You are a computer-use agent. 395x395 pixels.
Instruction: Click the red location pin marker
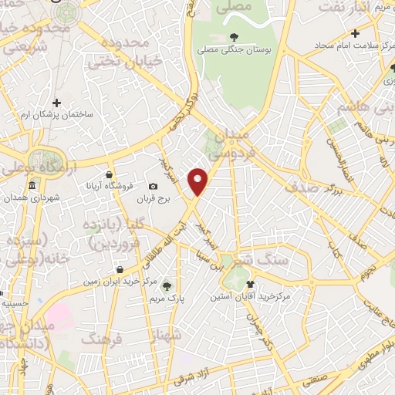[199, 181]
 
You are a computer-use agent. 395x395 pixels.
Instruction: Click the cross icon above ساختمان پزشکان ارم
[56, 102]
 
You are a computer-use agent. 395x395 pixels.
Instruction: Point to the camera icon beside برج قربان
[154, 187]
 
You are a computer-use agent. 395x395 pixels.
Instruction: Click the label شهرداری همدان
[32, 198]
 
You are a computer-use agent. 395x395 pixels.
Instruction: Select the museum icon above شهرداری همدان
[32, 186]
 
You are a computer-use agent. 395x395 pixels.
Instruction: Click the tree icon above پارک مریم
[167, 286]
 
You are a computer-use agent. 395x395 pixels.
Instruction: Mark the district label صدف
[301, 187]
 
